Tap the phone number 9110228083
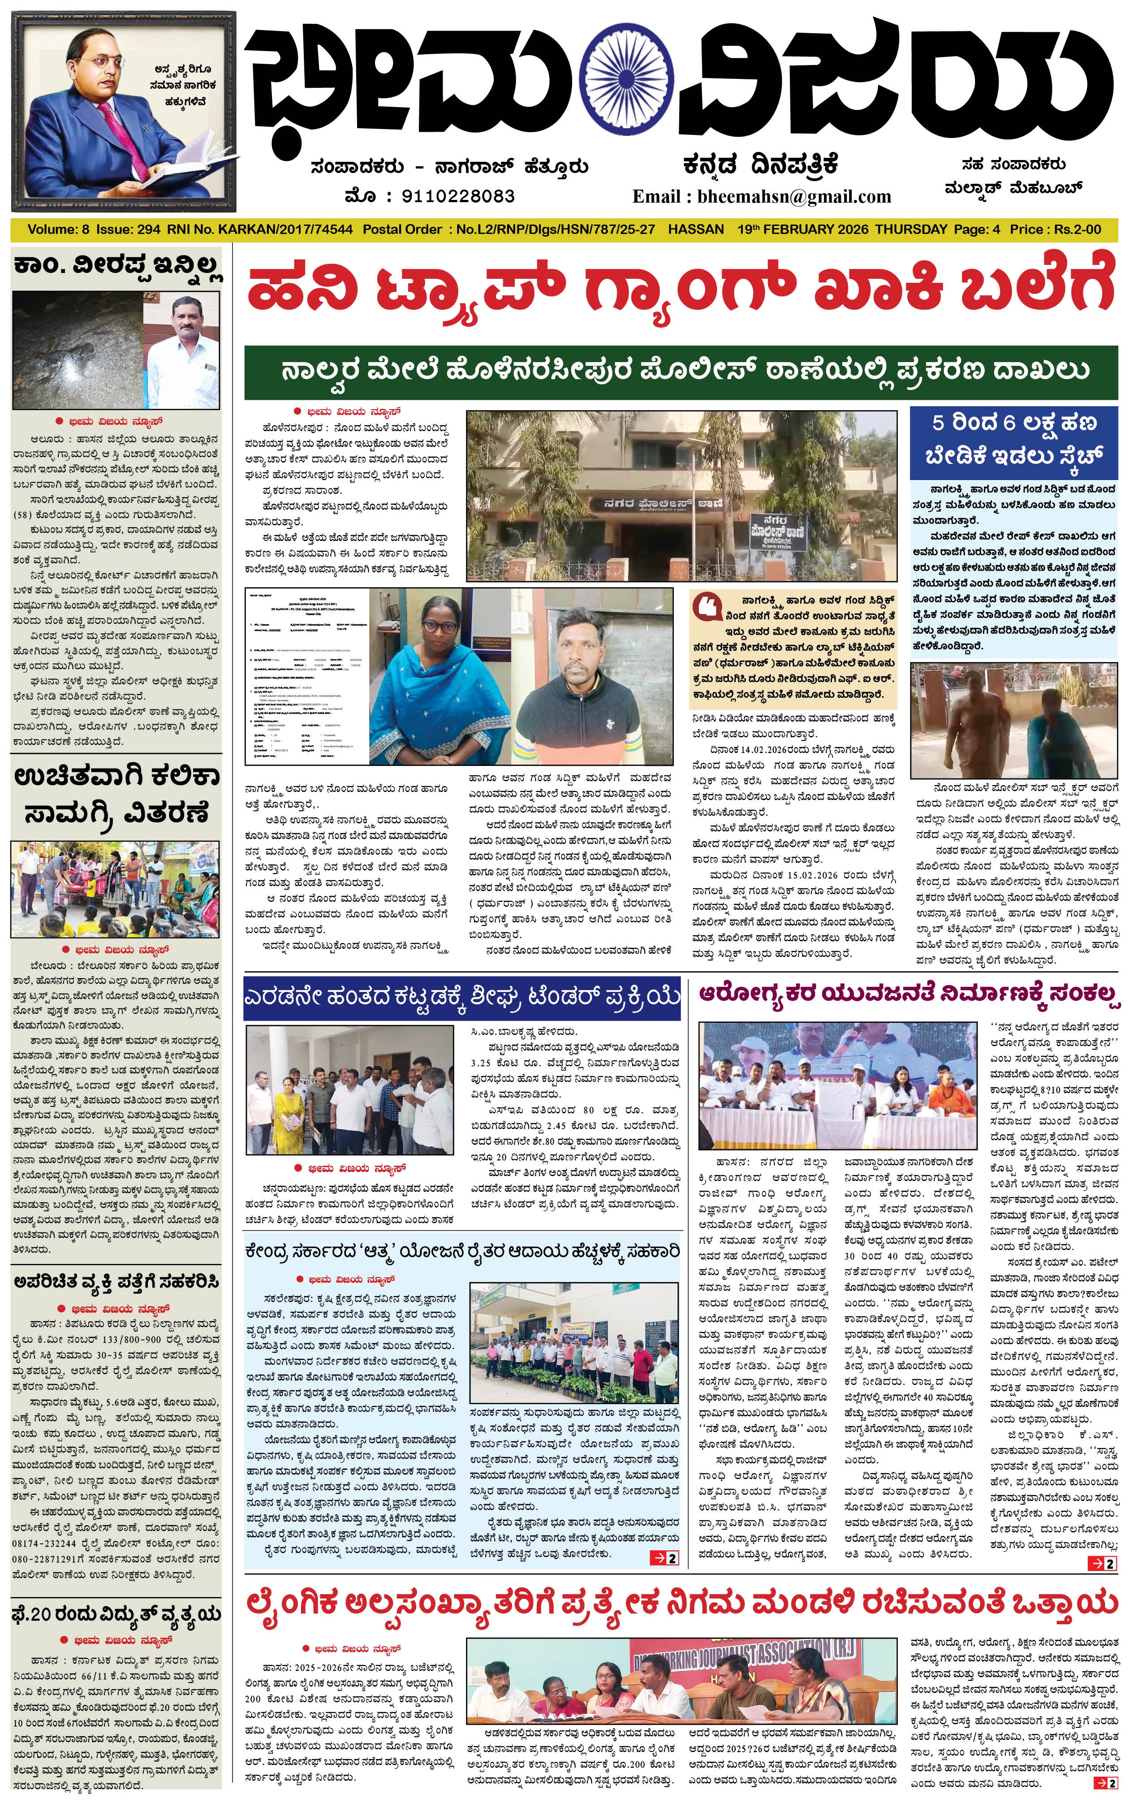pos(458,196)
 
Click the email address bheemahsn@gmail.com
pos(794,196)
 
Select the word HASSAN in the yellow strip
pos(695,229)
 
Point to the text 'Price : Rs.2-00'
pos(1054,229)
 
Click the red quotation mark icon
pos(706,606)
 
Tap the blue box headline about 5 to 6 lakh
pos(1013,439)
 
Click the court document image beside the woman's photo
pos(306,676)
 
